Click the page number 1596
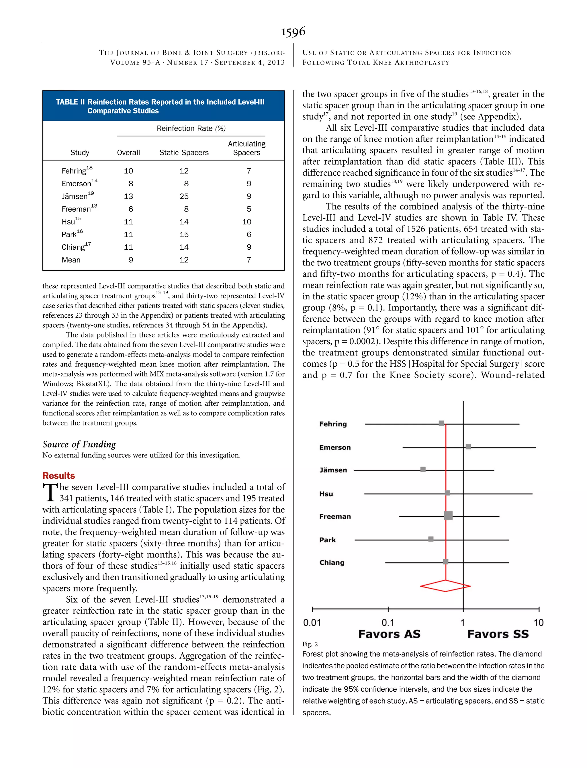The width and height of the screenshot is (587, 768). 293,32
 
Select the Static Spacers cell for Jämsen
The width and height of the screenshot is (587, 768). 184,196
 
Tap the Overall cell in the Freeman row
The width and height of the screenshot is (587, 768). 131,209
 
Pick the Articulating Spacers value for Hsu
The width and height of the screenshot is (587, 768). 247,222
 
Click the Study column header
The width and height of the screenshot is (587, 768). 80,153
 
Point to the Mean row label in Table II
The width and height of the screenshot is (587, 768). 71,260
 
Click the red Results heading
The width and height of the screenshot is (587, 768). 58,476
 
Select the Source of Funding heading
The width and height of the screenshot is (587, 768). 79,444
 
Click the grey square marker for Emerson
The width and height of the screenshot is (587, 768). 468,447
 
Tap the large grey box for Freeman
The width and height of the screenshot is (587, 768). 448,515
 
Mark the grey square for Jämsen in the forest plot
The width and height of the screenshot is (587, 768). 423,469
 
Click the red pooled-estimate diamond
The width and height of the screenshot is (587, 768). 445,586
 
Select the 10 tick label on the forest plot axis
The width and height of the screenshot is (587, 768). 539,623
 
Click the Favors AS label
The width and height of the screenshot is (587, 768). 389,634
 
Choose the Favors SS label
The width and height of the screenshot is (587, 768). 498,634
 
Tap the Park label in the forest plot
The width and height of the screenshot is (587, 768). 327,540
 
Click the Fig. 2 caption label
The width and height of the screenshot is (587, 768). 310,644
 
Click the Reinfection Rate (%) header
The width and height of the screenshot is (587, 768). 191,129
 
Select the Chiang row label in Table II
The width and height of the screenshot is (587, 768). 73,247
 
